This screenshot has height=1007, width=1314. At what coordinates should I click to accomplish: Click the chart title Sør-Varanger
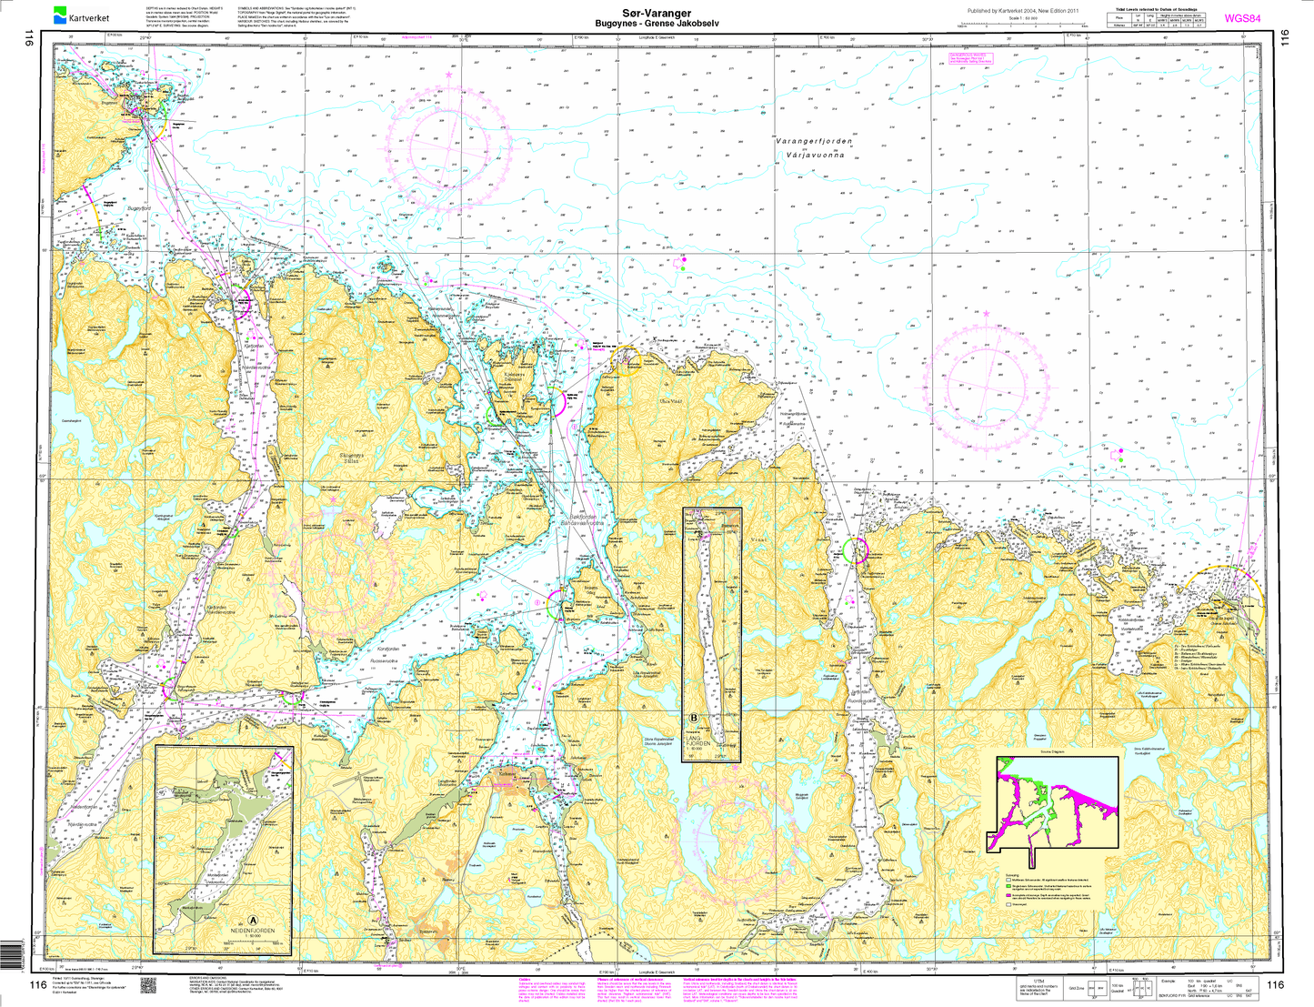[x=656, y=13]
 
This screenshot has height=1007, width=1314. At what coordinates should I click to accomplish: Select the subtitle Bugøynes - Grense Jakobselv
[x=656, y=23]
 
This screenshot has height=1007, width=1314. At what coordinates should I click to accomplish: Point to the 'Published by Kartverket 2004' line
[x=1023, y=10]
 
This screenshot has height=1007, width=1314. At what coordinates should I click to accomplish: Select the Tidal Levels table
[x=1157, y=21]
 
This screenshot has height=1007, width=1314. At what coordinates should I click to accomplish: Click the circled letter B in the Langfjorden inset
[x=695, y=719]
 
